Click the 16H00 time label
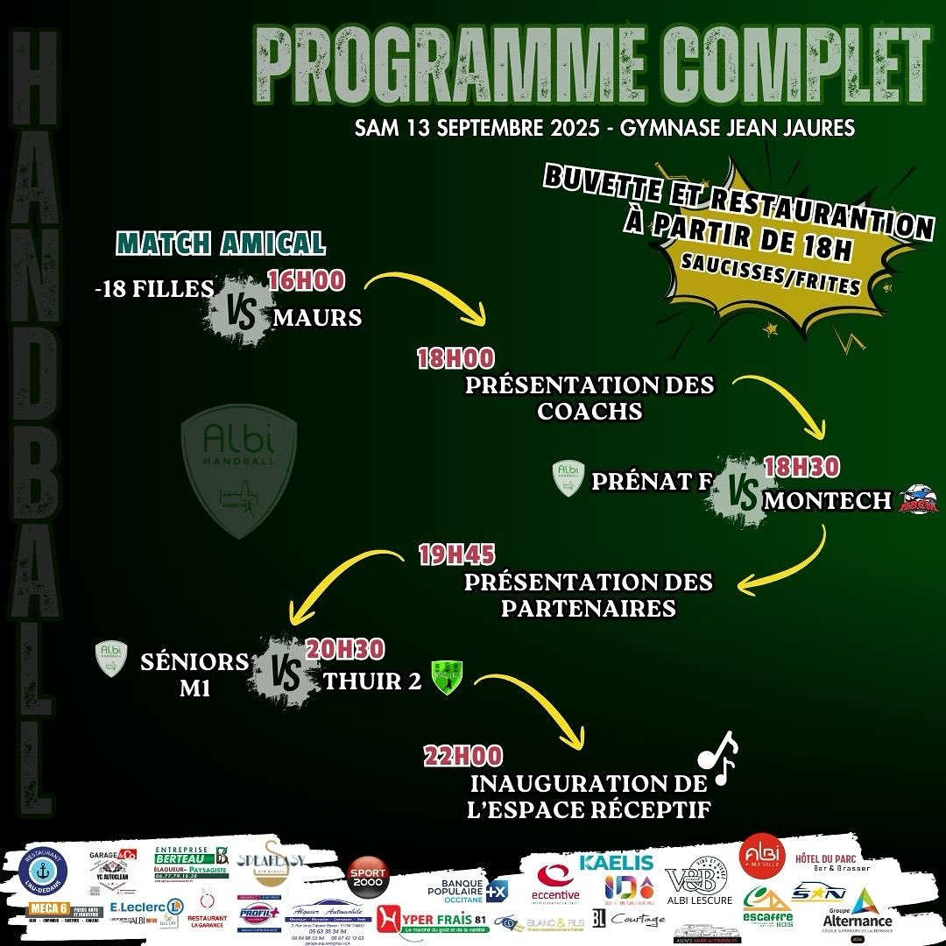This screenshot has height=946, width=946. (307, 280)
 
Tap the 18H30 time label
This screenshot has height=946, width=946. (801, 467)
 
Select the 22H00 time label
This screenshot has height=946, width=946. (453, 755)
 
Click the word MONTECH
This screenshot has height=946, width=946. (828, 501)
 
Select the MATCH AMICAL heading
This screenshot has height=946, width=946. (221, 243)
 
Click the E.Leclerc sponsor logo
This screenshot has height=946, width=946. (145, 906)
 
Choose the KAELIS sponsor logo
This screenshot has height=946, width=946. (617, 863)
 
